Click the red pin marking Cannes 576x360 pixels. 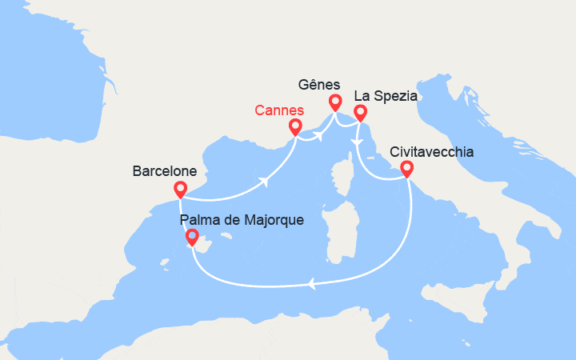(x=295, y=128)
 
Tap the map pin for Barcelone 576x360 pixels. (x=181, y=190)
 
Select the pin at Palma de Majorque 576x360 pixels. (x=192, y=238)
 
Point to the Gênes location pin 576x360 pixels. (x=334, y=102)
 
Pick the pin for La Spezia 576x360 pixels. (x=360, y=113)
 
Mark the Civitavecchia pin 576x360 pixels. (x=406, y=169)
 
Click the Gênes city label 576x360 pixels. (x=318, y=84)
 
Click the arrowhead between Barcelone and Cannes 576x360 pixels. (x=265, y=182)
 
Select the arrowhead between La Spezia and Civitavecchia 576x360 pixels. (x=358, y=142)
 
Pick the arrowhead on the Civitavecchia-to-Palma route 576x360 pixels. (x=311, y=283)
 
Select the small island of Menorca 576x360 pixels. (x=230, y=236)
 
